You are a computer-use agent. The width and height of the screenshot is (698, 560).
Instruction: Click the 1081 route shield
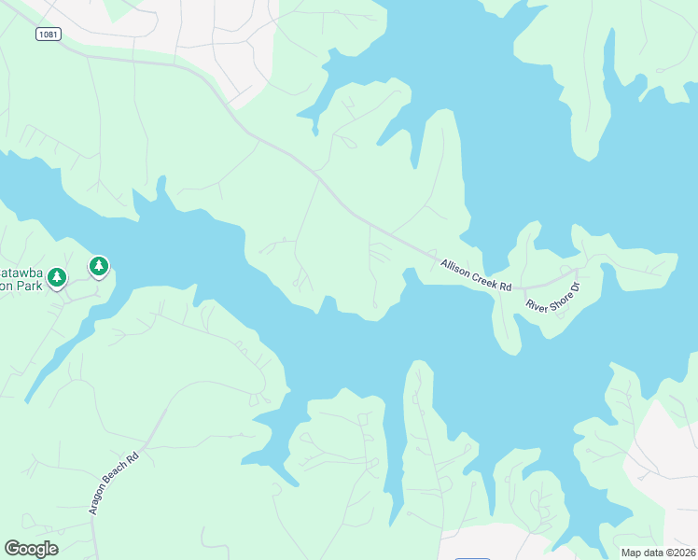[49, 35]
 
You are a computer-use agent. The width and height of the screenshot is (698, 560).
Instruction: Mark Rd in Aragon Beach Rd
[133, 457]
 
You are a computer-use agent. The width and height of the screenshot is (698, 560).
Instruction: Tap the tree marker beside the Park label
[58, 277]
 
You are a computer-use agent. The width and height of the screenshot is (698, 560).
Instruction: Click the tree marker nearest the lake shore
[99, 267]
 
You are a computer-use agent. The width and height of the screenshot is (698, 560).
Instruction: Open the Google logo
[31, 548]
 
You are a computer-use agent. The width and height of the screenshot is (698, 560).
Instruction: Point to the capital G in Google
[11, 548]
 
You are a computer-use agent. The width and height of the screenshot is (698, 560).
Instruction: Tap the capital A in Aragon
[93, 512]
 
